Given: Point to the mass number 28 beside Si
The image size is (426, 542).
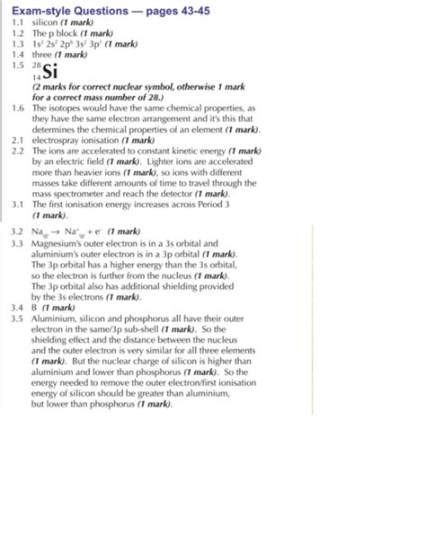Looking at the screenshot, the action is click(36, 66).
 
